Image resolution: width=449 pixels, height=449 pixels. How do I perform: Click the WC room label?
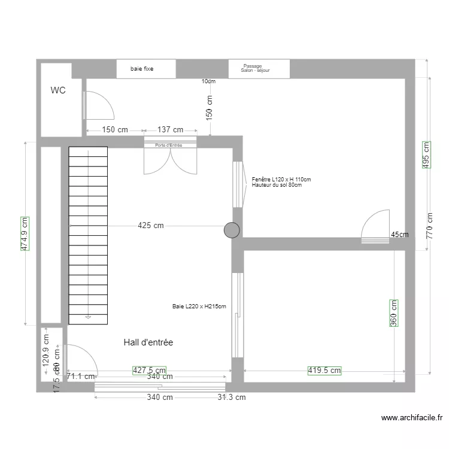point(58,90)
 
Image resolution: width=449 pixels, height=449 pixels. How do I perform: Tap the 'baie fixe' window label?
point(142,69)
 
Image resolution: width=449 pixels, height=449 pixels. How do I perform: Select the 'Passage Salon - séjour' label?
point(255,68)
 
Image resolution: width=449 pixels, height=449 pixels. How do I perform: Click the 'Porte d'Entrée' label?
point(168,145)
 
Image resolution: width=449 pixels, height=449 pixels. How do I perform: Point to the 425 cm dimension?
point(150,226)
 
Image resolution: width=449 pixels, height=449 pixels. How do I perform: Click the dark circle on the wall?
point(232,230)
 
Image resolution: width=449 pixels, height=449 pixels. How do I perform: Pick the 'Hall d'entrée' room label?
point(148,342)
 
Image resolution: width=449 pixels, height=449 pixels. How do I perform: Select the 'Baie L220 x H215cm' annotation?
point(199,307)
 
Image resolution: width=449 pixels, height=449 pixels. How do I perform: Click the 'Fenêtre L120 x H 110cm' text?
point(281,180)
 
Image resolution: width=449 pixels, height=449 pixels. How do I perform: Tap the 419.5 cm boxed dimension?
point(324,371)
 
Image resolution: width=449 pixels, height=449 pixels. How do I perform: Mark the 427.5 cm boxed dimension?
point(149,371)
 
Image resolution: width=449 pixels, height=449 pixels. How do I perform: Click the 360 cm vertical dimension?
point(393,313)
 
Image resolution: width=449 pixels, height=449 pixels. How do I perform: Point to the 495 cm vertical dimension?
point(426,155)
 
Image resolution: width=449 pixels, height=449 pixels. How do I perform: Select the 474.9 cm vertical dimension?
point(25,233)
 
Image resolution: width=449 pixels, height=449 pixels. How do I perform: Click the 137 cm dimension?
point(170,129)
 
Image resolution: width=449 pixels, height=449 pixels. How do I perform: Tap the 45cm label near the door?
point(399,235)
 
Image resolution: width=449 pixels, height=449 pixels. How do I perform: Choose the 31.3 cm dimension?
point(232,397)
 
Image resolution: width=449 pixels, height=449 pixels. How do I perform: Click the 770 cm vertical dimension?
point(430,226)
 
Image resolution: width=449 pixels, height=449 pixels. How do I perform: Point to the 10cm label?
point(208,81)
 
